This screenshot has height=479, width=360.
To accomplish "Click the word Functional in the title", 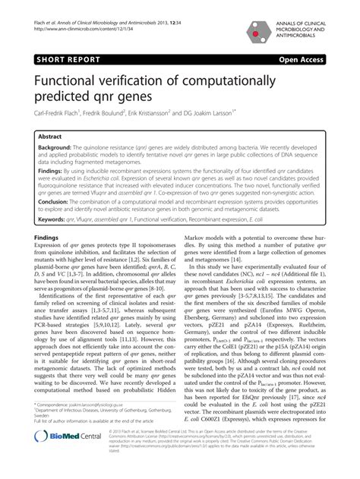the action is coord(74,81).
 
